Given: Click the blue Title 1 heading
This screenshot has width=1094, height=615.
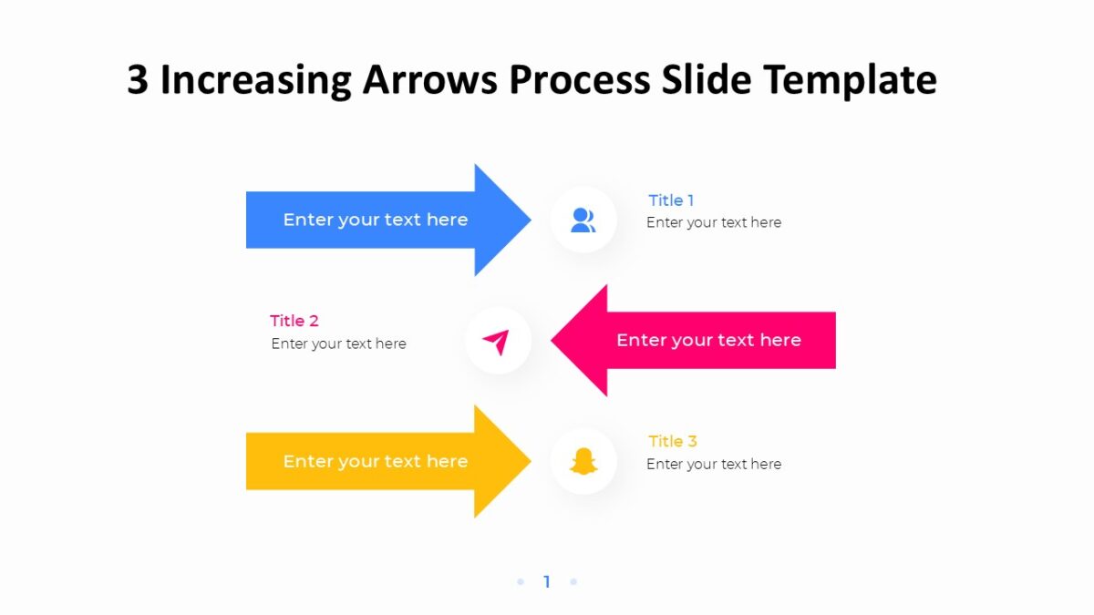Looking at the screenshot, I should [x=671, y=200].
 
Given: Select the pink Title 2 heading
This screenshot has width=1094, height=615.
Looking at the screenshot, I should [x=294, y=321].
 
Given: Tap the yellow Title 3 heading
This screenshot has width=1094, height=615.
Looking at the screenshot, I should [x=673, y=441].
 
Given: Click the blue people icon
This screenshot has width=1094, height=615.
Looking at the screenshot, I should [x=583, y=220].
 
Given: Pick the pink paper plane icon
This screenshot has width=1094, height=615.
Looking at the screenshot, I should [x=496, y=342].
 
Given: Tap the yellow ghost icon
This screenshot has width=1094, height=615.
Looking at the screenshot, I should [x=583, y=462].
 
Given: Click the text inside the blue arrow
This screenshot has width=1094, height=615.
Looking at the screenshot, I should [x=375, y=220].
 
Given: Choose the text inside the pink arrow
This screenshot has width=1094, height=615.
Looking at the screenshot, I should [x=708, y=341].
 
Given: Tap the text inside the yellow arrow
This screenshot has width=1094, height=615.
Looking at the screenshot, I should [x=375, y=461].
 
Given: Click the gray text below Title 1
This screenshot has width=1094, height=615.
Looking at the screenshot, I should [x=714, y=222].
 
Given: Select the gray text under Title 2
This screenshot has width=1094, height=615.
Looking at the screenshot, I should [x=338, y=343].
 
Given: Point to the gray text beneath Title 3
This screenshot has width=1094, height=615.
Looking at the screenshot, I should [x=714, y=464].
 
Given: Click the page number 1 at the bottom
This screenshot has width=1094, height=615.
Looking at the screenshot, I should [x=547, y=581].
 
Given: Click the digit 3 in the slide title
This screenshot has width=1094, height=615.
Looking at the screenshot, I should [x=137, y=80].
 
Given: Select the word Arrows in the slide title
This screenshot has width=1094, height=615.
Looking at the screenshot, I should [x=430, y=80].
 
